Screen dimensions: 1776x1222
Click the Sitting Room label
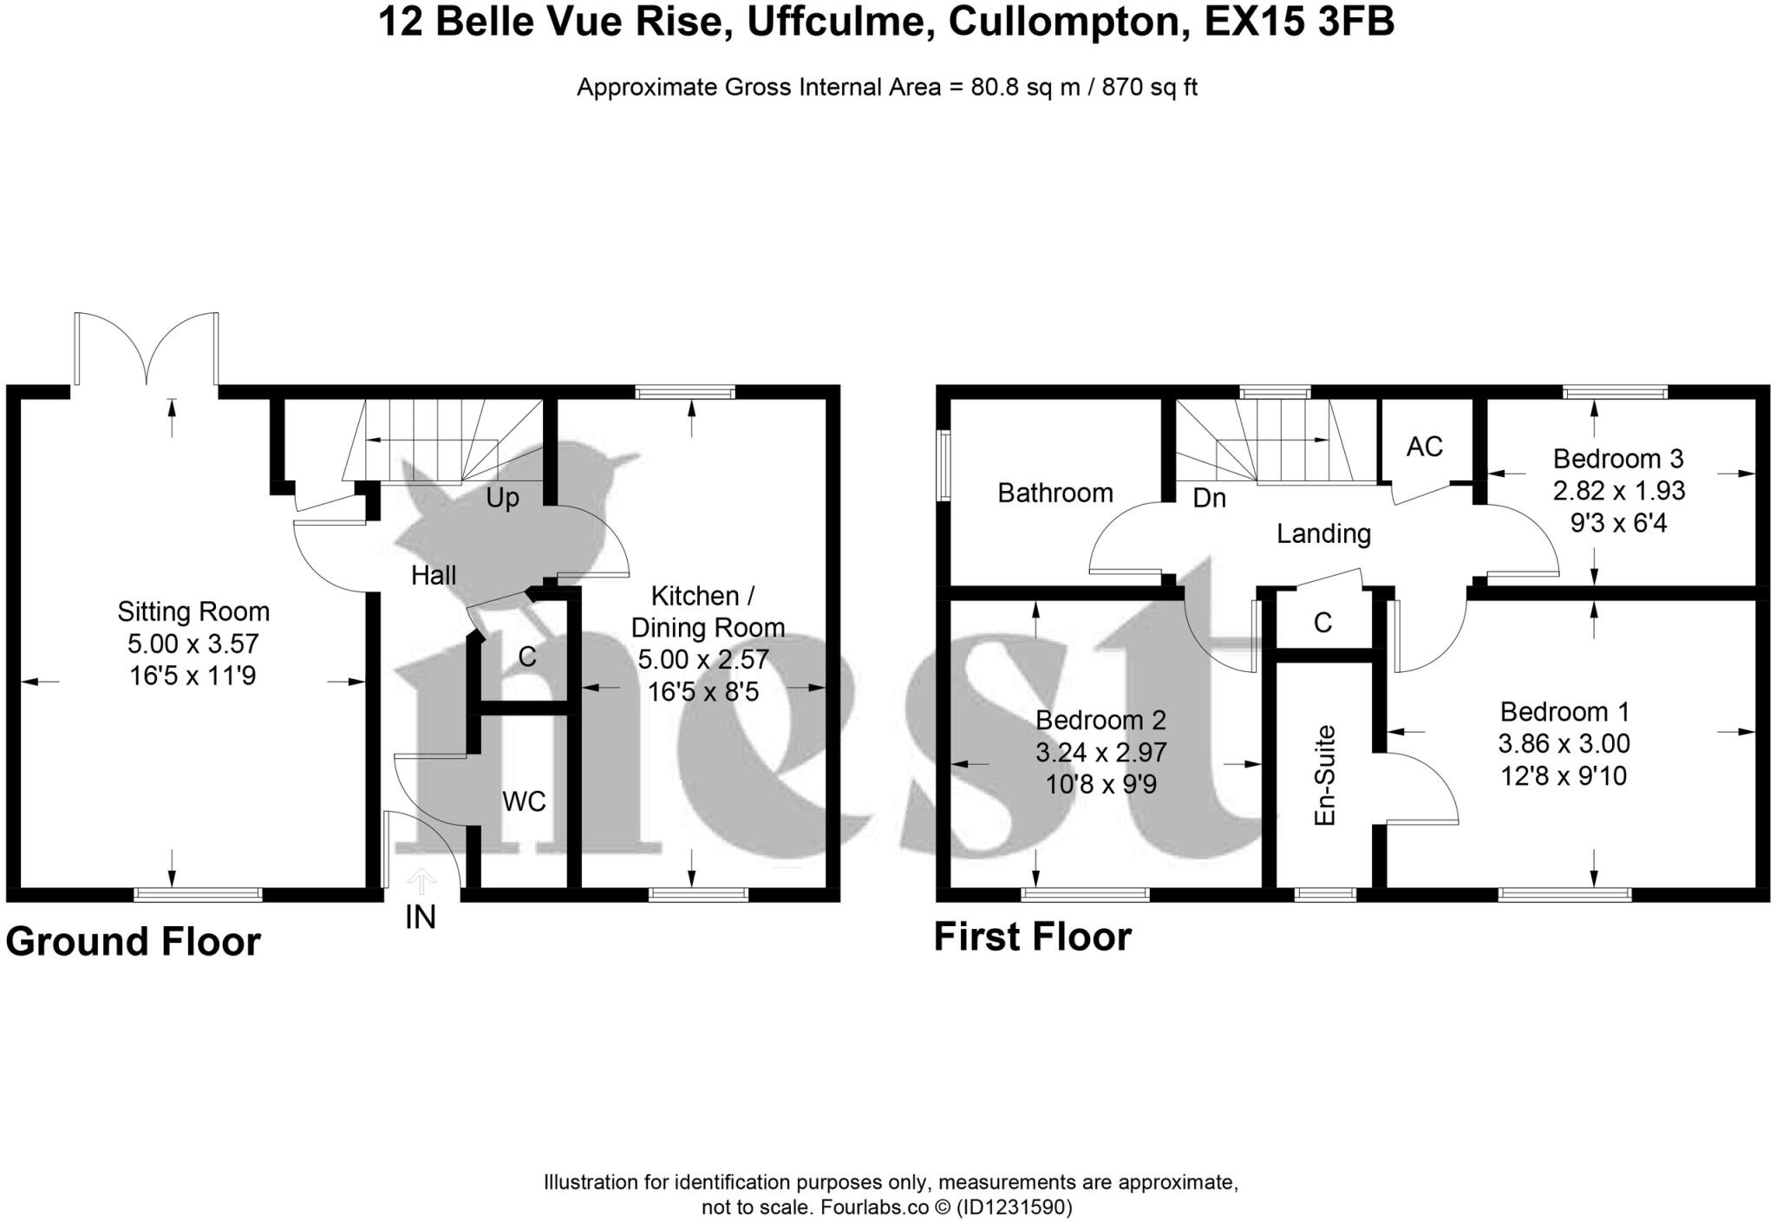[193, 612]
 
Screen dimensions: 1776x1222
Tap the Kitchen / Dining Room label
[707, 611]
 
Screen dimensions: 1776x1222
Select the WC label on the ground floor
[524, 801]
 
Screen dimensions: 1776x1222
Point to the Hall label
[433, 575]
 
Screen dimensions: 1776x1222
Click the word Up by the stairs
[502, 499]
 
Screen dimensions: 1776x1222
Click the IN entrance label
[421, 918]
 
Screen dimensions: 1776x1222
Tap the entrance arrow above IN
[421, 880]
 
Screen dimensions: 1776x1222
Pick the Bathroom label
[1054, 493]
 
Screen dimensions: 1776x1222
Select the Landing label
[1323, 533]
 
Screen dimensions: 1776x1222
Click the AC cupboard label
[1425, 447]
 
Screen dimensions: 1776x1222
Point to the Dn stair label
[1209, 499]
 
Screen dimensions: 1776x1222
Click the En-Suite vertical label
[1324, 774]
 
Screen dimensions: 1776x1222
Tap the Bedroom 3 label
[1618, 459]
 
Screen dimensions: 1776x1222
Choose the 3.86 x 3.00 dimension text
[1564, 744]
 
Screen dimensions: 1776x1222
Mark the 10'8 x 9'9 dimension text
[1100, 784]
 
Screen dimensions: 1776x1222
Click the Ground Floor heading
[134, 942]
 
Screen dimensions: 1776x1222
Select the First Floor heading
[1032, 938]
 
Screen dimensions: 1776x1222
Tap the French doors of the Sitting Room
[147, 351]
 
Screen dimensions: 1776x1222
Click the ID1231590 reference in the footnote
[1014, 1207]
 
